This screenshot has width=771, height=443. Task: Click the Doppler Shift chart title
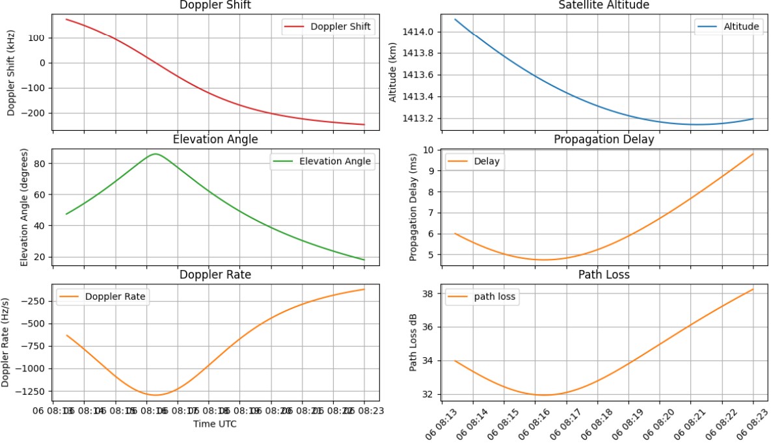pyautogui.click(x=215, y=5)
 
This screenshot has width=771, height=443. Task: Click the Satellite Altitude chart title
pyautogui.click(x=603, y=5)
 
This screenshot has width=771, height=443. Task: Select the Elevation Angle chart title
pyautogui.click(x=215, y=139)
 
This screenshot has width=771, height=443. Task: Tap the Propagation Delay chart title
pyautogui.click(x=603, y=139)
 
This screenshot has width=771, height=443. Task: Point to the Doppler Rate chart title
pyautogui.click(x=215, y=275)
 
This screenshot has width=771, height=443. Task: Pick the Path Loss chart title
pyautogui.click(x=603, y=275)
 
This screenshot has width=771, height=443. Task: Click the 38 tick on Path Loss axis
pyautogui.click(x=428, y=293)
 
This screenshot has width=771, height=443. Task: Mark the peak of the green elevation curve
pyautogui.click(x=155, y=154)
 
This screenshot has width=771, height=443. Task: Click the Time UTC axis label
pyautogui.click(x=215, y=424)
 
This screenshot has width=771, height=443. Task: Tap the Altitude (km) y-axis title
pyautogui.click(x=392, y=74)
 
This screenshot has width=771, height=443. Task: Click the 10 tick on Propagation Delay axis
pyautogui.click(x=429, y=150)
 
